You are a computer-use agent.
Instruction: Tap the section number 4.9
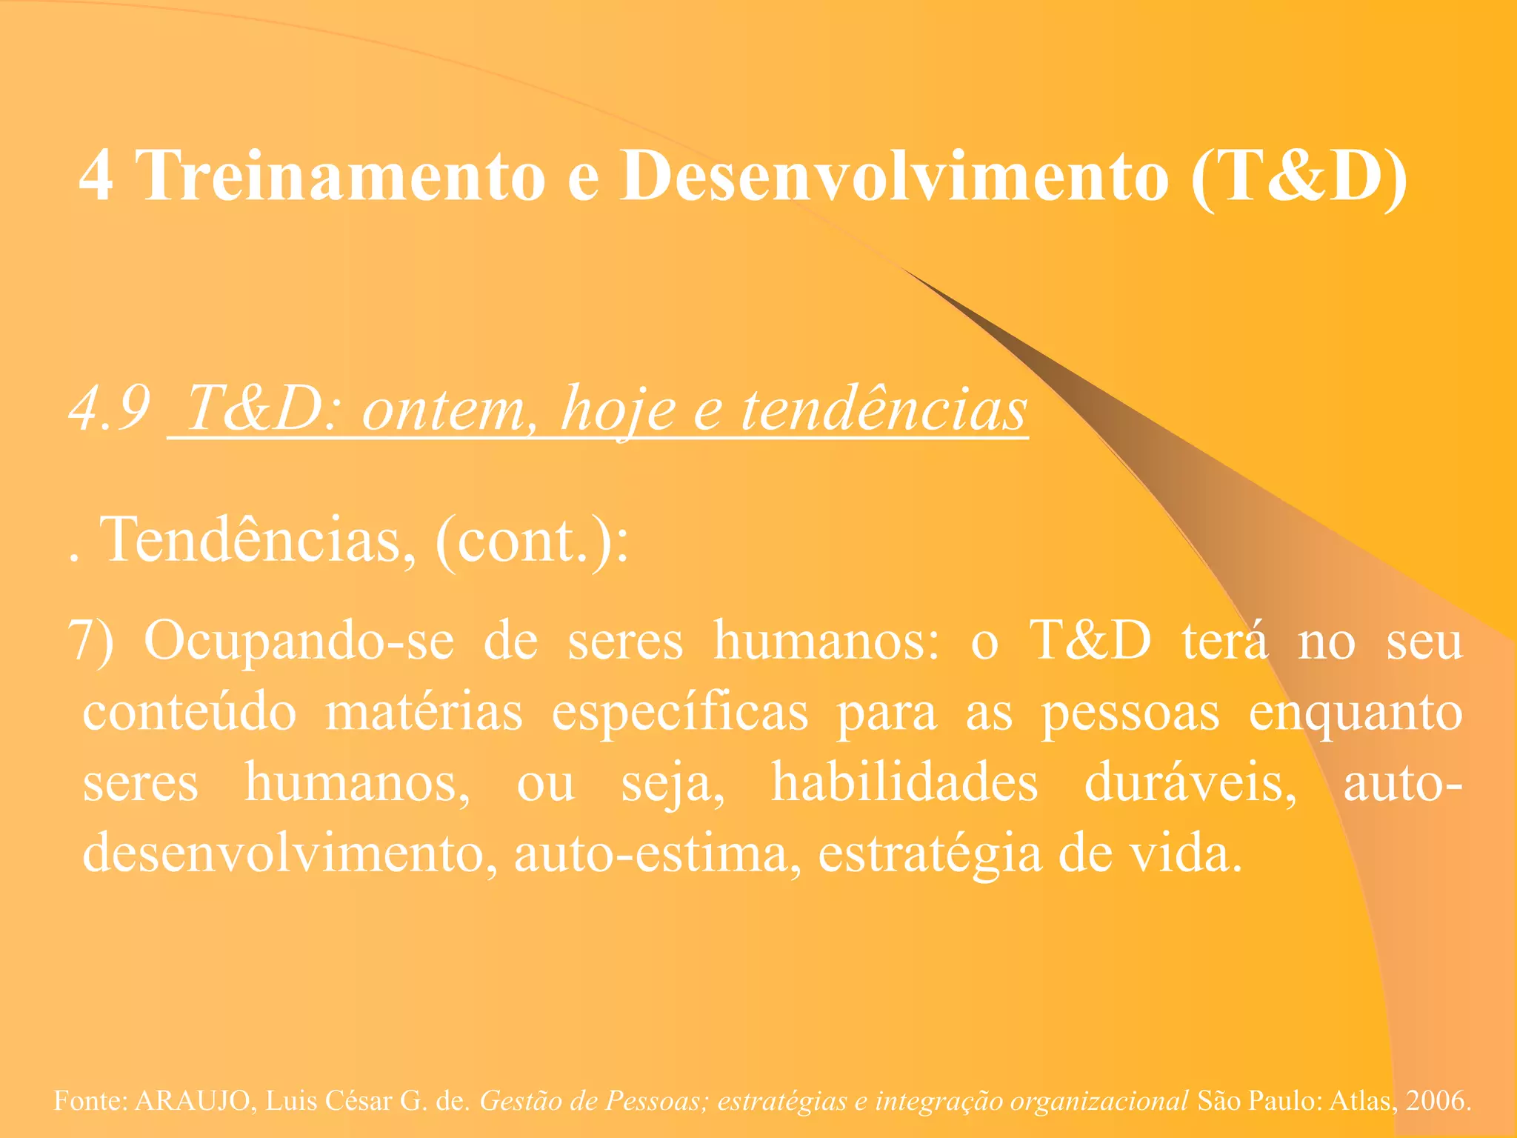(110, 409)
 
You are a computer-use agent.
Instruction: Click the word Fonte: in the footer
(90, 1101)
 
